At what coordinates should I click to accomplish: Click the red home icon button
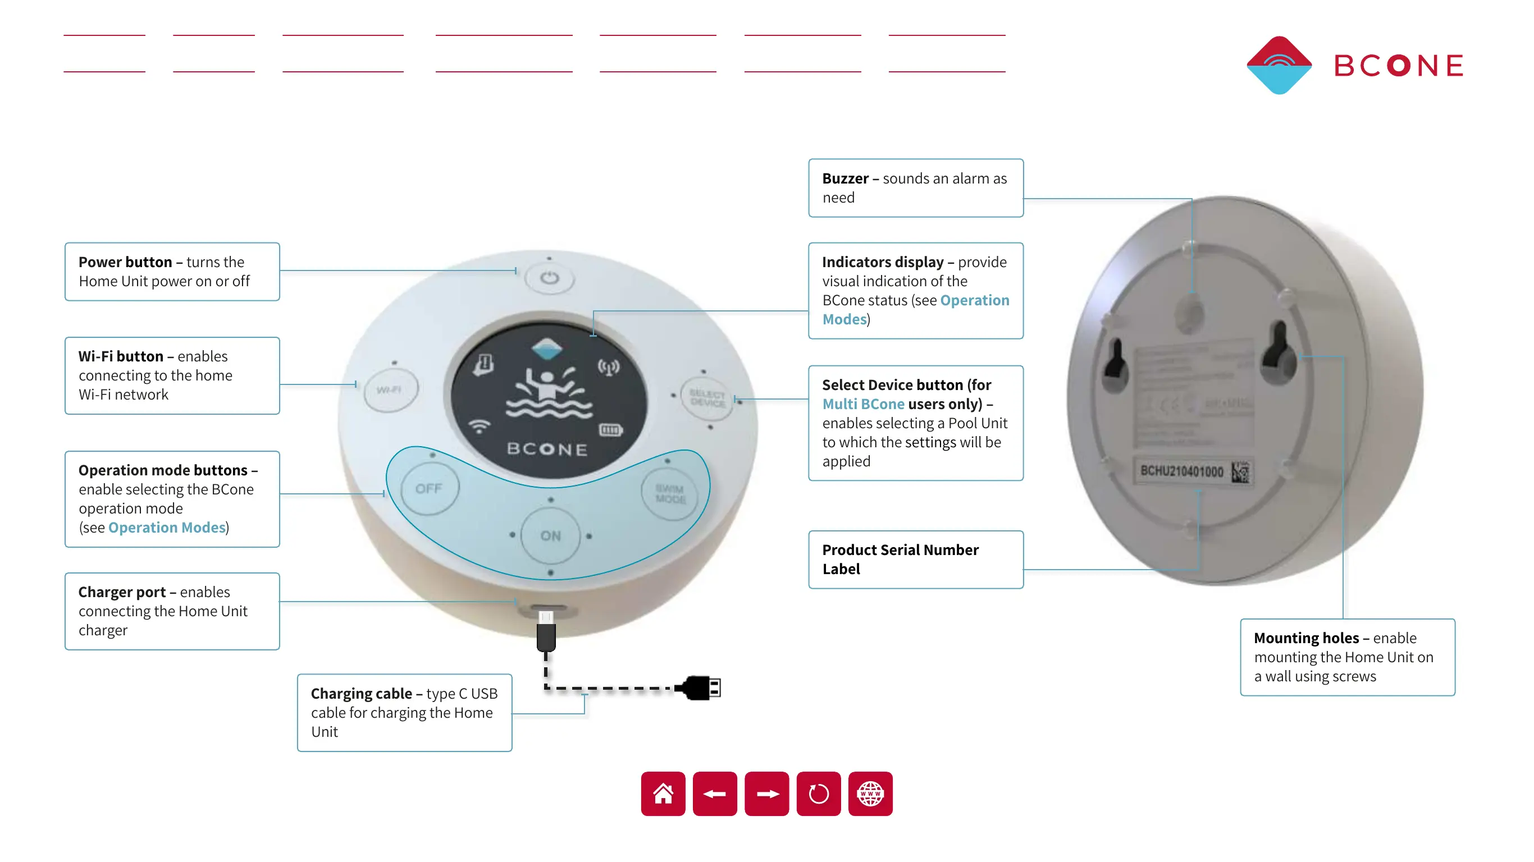[663, 794]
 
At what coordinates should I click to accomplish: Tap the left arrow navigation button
[715, 794]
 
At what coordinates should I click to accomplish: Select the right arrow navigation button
[766, 794]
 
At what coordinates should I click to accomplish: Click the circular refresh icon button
[818, 794]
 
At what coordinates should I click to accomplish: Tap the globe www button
[870, 794]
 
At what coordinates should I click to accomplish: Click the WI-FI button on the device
[391, 390]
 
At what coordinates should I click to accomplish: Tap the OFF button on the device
[429, 489]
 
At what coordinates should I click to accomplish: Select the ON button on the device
[550, 536]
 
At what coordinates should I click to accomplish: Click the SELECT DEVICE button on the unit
[707, 398]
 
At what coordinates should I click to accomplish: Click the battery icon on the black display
[610, 429]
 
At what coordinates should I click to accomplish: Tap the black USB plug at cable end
[701, 688]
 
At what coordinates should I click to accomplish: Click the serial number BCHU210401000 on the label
[1181, 471]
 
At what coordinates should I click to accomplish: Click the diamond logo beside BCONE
[1279, 65]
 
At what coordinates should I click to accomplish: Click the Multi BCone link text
[863, 404]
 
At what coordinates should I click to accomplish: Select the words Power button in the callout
[125, 262]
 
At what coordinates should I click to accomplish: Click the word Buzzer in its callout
[845, 178]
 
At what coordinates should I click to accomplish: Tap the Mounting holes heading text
[1306, 638]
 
